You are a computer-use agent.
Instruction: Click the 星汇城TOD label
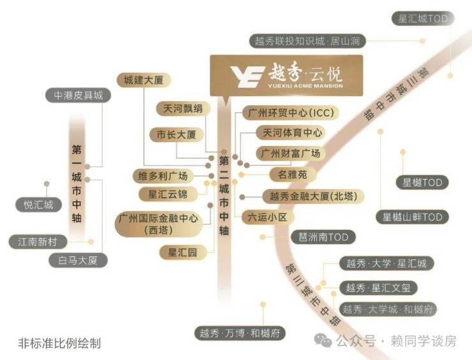[x=423, y=18]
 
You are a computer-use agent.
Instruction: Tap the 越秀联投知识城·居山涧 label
[x=307, y=41]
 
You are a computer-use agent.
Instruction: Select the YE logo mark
[x=247, y=76]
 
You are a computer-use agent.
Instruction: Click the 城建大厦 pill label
[x=144, y=80]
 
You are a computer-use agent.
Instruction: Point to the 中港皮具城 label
[x=78, y=96]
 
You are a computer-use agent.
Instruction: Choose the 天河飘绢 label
[x=183, y=108]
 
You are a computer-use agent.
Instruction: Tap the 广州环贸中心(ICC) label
[x=291, y=113]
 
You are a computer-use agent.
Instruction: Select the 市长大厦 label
[x=177, y=134]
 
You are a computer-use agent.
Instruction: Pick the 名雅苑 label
[x=293, y=175]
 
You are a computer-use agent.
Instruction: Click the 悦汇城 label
[x=38, y=205]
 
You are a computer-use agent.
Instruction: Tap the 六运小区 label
[x=267, y=217]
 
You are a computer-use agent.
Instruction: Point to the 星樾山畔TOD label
[x=412, y=217]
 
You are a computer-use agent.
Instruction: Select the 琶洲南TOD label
[x=323, y=237]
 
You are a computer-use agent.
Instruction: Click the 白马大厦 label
[x=78, y=260]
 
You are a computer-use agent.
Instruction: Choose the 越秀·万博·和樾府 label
[x=240, y=333]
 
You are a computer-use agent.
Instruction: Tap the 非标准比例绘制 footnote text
[x=59, y=343]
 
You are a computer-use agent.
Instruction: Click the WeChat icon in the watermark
[x=323, y=340]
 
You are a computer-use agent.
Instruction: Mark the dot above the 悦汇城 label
[x=47, y=184]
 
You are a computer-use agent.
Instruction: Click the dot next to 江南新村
[x=91, y=241]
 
